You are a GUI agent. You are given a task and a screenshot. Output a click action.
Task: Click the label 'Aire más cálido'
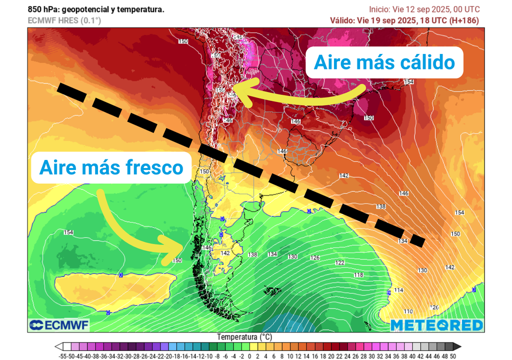point(384,62)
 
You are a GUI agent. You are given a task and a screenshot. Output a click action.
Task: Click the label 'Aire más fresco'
point(111,167)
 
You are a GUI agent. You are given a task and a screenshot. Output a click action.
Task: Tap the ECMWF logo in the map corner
point(59,325)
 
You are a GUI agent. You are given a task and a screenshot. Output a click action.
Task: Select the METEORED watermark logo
point(436,325)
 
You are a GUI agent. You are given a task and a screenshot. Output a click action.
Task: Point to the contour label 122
point(340,263)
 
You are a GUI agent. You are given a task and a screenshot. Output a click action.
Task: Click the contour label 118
point(358,275)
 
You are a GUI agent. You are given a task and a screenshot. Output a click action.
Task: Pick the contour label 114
point(398,290)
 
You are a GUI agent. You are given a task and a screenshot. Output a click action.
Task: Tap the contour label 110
point(408,311)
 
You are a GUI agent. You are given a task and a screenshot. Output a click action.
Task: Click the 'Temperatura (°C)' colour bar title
point(244,337)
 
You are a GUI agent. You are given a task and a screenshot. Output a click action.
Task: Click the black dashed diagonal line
point(240,162)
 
